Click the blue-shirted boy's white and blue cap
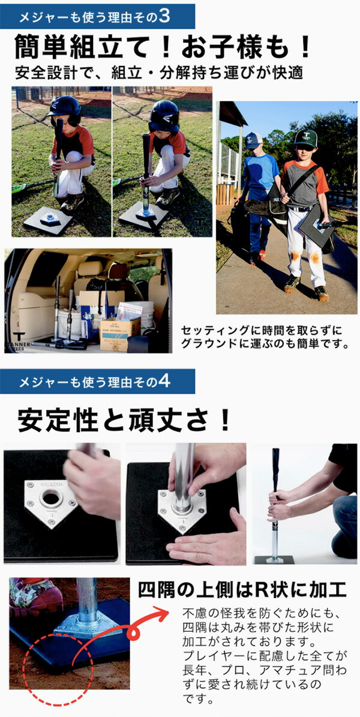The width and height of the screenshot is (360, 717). coord(254,140)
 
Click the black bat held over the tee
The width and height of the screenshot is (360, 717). coord(276,474)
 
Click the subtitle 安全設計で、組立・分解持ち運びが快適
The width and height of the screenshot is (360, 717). coord(158,74)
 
